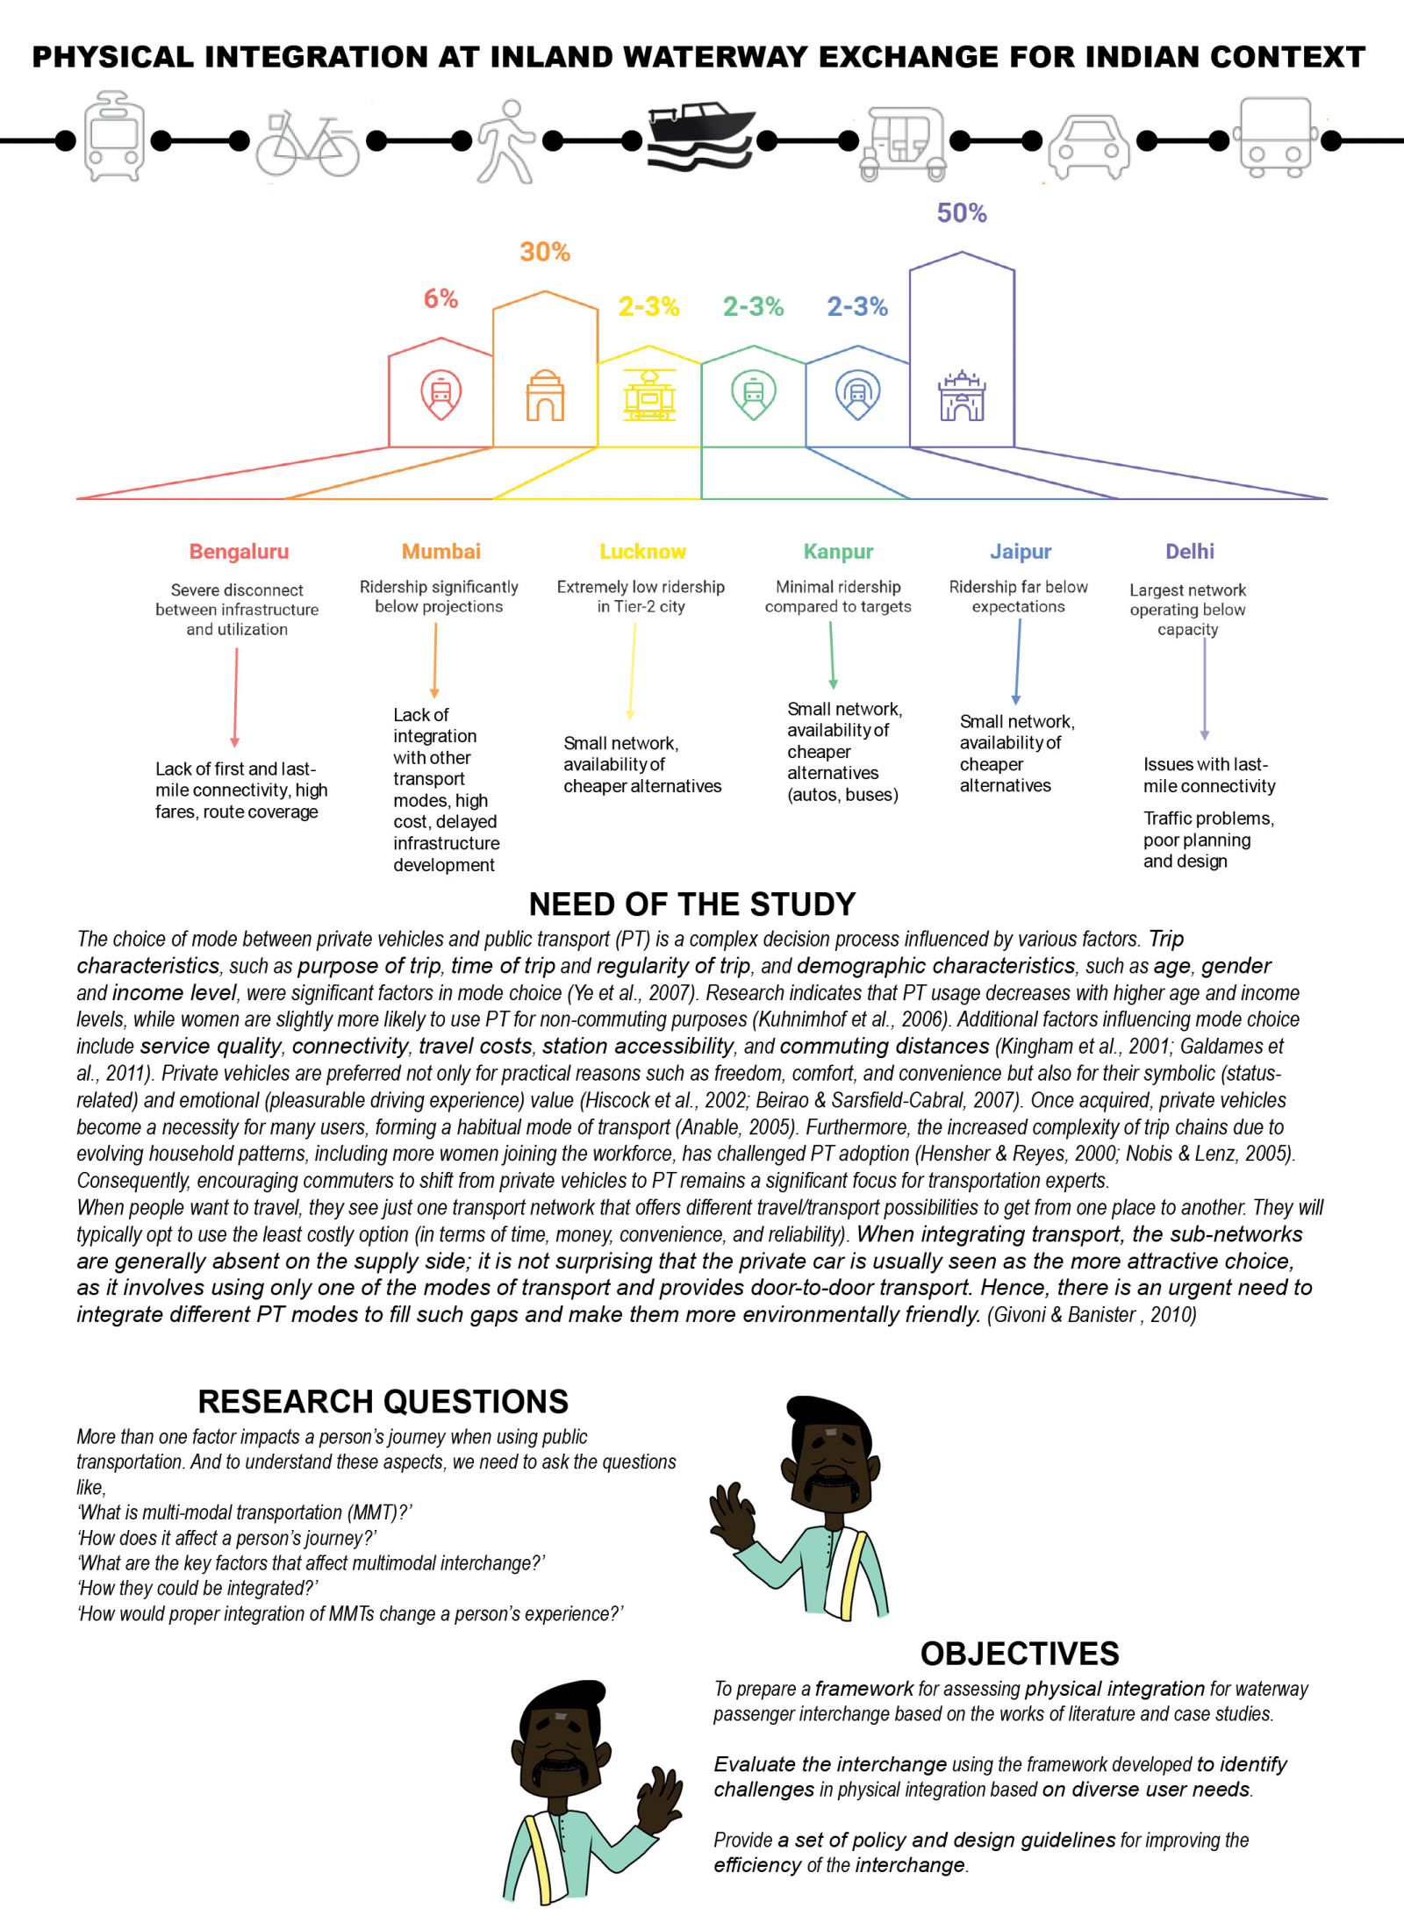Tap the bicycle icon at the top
click(x=307, y=144)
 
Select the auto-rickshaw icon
click(x=904, y=143)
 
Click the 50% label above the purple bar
click(x=962, y=213)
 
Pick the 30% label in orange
click(x=545, y=252)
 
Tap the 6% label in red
click(x=441, y=298)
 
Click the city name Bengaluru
click(x=239, y=552)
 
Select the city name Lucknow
click(x=642, y=552)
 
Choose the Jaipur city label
click(x=1021, y=552)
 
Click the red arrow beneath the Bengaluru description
click(x=235, y=698)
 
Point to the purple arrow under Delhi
click(x=1205, y=690)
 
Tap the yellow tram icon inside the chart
click(x=649, y=394)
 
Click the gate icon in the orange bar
click(x=545, y=395)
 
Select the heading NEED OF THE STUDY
click(x=692, y=904)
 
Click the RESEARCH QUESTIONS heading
click(x=383, y=1402)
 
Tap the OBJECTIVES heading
click(x=1020, y=1654)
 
